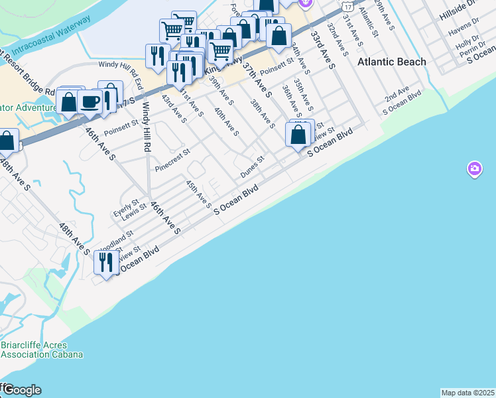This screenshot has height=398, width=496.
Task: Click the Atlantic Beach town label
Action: click(392, 62)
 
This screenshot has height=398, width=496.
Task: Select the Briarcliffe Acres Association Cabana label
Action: click(41, 349)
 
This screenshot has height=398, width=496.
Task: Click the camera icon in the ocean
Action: click(474, 169)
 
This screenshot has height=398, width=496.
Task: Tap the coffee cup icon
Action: click(90, 103)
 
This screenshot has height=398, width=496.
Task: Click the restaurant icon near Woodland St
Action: click(105, 263)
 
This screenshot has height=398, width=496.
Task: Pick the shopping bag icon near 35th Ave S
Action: click(298, 135)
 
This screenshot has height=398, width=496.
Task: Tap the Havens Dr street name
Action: click(462, 32)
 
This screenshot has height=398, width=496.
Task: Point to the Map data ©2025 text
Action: click(467, 393)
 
